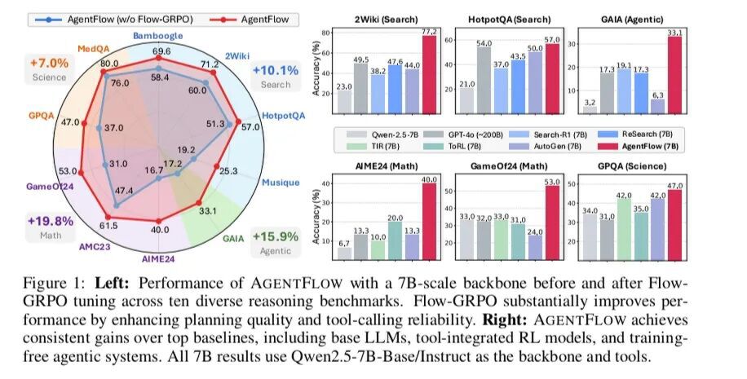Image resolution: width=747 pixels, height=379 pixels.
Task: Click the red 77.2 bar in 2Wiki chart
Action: [x=428, y=73]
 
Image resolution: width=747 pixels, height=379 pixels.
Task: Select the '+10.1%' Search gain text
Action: [x=275, y=70]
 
